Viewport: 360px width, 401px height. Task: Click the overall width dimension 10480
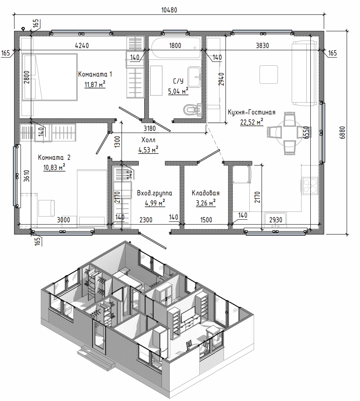click(169, 10)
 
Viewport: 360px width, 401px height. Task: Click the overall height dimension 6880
click(342, 132)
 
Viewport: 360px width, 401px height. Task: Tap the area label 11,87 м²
click(95, 84)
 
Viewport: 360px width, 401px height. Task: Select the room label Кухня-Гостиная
click(251, 112)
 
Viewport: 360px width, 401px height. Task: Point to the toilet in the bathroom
click(193, 109)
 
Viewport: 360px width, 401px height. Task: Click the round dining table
click(286, 133)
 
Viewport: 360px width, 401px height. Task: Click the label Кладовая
click(206, 193)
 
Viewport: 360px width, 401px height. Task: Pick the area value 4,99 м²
click(155, 203)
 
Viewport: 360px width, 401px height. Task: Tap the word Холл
click(148, 140)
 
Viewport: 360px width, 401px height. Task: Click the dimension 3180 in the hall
click(150, 128)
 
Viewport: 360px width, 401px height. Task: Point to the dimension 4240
click(82, 45)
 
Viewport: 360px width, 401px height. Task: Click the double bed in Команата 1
click(50, 77)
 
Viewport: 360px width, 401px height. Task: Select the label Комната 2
click(54, 157)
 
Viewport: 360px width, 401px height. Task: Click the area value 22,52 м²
click(252, 122)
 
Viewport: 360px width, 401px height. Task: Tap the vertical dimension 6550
click(306, 132)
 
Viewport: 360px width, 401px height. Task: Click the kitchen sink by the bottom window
click(275, 220)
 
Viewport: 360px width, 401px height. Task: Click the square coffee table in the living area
click(269, 74)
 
